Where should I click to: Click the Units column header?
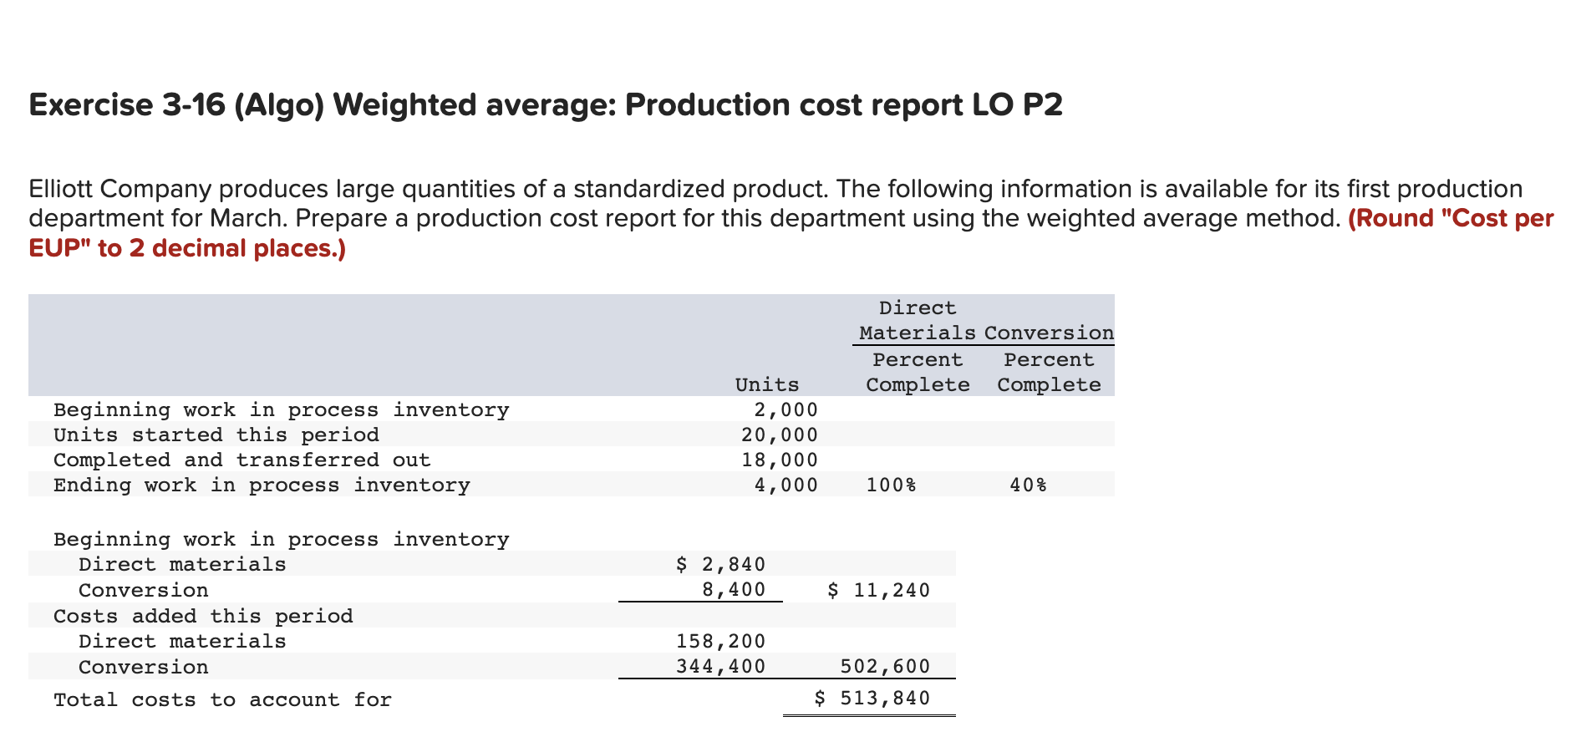pos(766,384)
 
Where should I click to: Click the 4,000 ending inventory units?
pos(785,485)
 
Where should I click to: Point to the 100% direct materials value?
pos(891,485)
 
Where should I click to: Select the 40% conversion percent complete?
pos(1028,485)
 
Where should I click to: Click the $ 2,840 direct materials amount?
pos(720,564)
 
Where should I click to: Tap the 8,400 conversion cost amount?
pos(734,590)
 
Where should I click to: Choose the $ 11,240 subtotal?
pos(878,591)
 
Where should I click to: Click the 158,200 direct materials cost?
pos(720,641)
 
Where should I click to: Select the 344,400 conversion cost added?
pos(720,667)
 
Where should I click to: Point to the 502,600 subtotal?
pos(885,667)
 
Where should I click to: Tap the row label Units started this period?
pos(216,435)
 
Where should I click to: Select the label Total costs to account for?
pos(222,699)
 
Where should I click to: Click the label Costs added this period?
pos(203,616)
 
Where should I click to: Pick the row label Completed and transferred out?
pos(241,460)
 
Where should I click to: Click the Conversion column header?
pos(1049,333)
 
